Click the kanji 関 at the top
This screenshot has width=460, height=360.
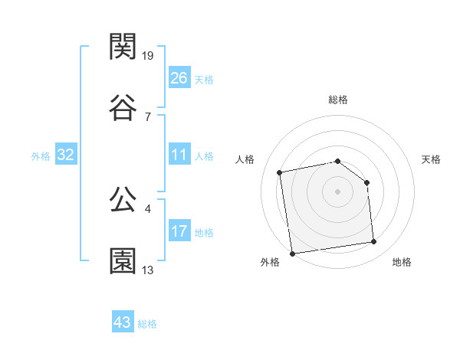123,47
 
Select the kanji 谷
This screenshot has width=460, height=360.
123,107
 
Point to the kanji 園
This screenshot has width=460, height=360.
123,261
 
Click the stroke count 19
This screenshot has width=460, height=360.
148,55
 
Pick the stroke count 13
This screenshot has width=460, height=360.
148,270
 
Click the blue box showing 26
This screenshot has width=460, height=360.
179,77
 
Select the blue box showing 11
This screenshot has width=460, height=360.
179,155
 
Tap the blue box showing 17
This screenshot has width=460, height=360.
179,231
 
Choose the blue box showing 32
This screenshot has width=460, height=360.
66,155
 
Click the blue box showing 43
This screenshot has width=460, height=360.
123,322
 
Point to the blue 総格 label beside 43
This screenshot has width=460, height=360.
147,324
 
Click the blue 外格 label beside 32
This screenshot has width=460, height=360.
41,156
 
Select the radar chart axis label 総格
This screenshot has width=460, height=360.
338,100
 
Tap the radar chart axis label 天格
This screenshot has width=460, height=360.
432,159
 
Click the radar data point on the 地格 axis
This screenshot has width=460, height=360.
374,242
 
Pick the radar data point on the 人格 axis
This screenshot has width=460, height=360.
281,172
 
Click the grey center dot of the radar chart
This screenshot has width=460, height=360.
338,191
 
